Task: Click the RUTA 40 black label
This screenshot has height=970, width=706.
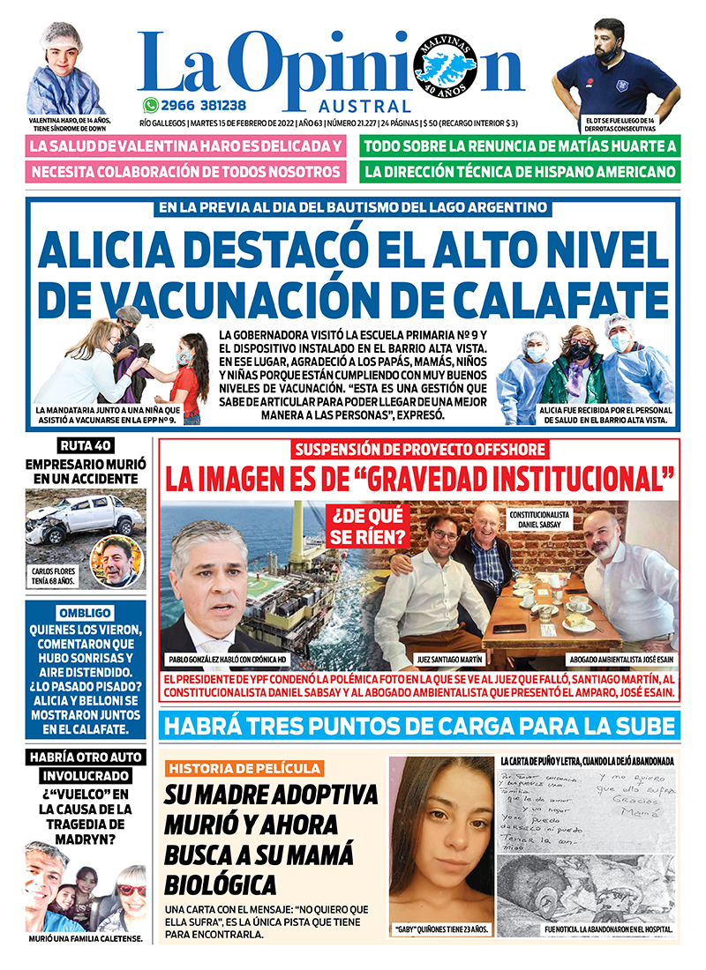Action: click(86, 444)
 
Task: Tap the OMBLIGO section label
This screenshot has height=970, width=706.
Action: click(86, 613)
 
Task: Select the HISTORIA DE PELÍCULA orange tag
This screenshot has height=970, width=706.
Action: click(244, 768)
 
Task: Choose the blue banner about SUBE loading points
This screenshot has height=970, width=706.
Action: click(419, 727)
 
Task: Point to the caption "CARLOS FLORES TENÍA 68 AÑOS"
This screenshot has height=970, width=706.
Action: click(55, 577)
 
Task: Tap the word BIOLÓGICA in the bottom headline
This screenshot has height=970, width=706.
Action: click(220, 884)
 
